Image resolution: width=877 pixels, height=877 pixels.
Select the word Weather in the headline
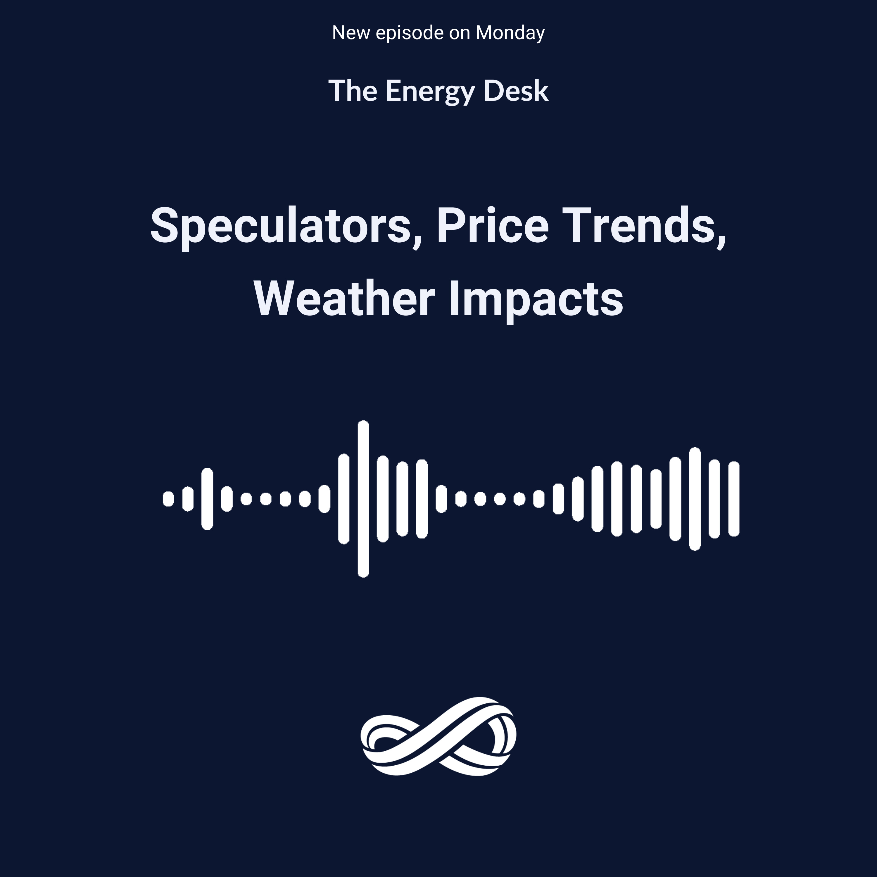(344, 299)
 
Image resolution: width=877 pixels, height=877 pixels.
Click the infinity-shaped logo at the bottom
(438, 736)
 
